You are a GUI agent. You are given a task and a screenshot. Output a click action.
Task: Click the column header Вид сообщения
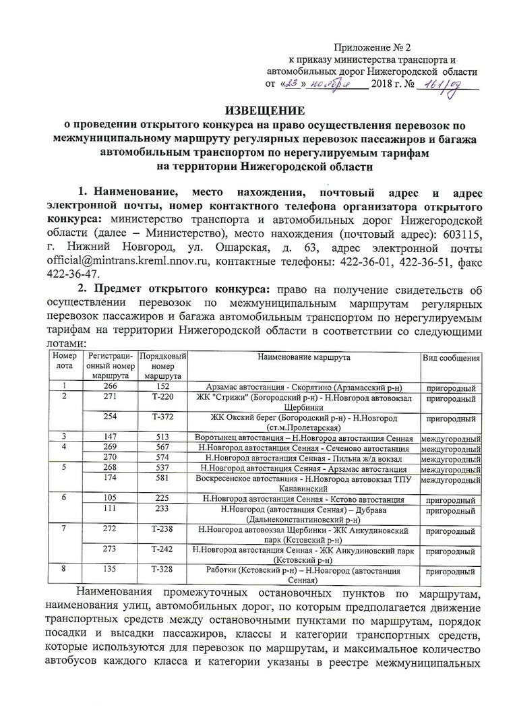[x=450, y=357]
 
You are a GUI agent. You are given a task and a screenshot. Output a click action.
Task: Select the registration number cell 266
[x=110, y=388]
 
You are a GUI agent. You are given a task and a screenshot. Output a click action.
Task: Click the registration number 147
[x=110, y=437]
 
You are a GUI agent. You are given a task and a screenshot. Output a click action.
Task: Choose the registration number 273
[x=110, y=549]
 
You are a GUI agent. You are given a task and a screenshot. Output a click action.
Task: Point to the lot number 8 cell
[x=63, y=570]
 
